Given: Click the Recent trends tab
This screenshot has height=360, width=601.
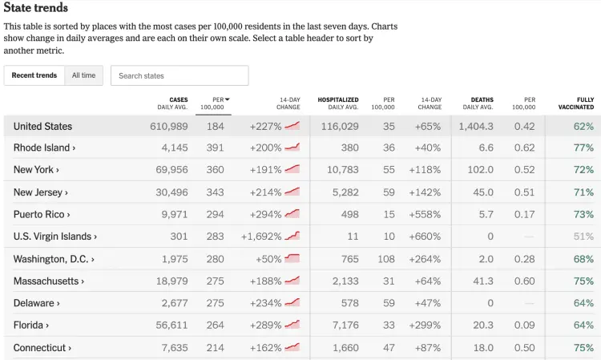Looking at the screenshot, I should click(x=34, y=75).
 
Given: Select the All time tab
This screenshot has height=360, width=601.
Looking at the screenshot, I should click(x=83, y=75).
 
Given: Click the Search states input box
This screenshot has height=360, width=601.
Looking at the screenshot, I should click(x=179, y=75).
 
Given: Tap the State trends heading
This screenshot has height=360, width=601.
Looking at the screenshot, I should click(x=36, y=8).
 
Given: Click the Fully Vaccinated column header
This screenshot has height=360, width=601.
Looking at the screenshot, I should click(x=575, y=103).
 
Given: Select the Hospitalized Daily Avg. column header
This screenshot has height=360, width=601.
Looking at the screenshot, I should click(x=338, y=103).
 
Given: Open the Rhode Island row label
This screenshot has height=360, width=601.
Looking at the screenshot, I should click(x=44, y=148).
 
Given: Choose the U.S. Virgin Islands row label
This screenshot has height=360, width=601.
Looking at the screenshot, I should click(x=54, y=237).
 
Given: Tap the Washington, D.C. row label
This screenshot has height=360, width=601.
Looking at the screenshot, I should click(x=53, y=259).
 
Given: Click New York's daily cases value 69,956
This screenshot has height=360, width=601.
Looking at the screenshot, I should click(x=168, y=170).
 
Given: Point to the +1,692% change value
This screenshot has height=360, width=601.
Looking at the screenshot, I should click(x=261, y=237).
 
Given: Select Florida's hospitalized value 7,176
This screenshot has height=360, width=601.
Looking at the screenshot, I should click(x=343, y=326).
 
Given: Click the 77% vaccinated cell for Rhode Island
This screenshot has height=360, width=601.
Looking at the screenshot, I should click(x=583, y=148).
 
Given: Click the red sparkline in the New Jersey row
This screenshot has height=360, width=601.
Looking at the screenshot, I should click(x=292, y=192).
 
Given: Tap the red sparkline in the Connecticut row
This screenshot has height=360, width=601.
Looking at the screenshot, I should click(x=292, y=347).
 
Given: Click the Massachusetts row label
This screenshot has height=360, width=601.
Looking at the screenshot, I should click(x=48, y=281).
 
